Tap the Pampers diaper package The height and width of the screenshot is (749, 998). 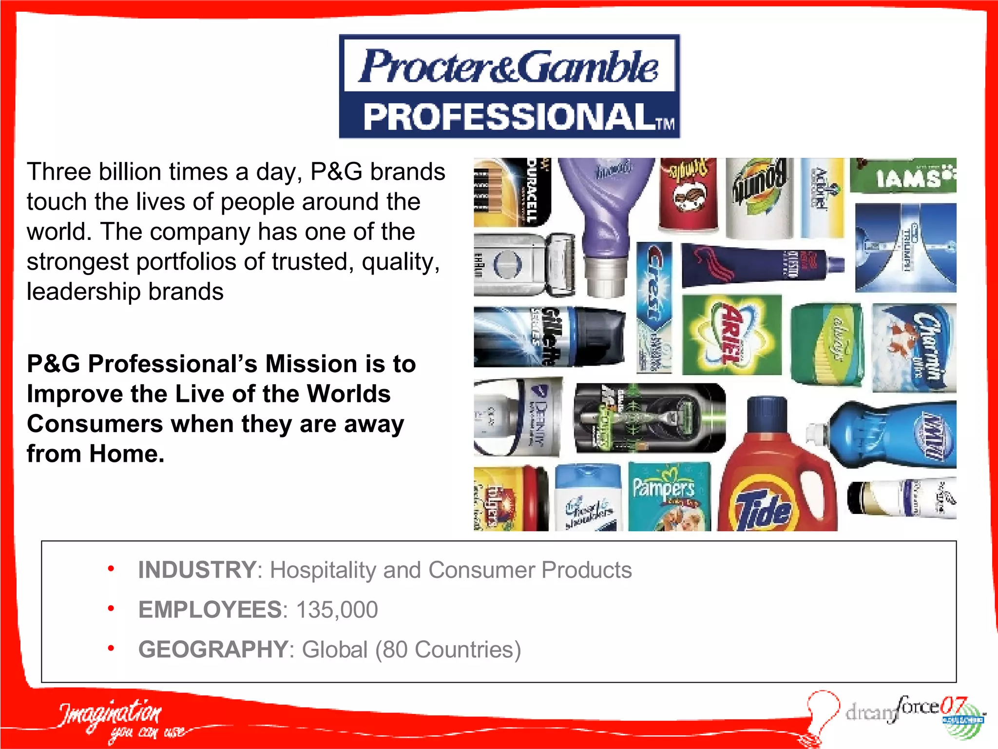[x=669, y=496]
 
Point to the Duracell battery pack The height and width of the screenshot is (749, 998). [x=512, y=192]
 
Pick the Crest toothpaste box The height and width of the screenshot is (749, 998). [x=654, y=307]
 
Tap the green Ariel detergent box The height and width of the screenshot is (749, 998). [x=731, y=335]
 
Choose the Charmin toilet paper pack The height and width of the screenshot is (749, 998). [x=913, y=347]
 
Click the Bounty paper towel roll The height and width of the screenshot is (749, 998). [x=759, y=197]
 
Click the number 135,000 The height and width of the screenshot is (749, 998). [x=337, y=610]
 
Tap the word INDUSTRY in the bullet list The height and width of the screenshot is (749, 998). [x=197, y=570]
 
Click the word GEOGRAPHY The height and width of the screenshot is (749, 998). [x=213, y=650]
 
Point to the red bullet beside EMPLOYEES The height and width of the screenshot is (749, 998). [x=111, y=609]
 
